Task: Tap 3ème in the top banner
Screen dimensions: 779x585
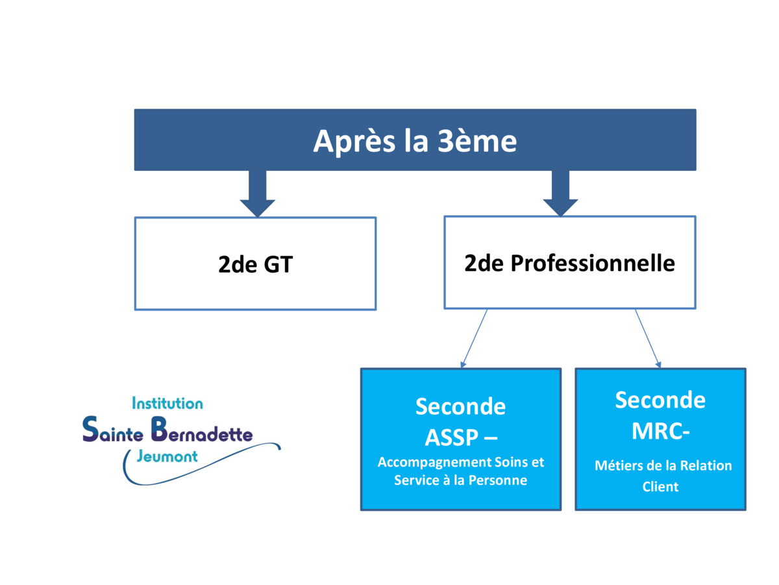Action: coord(476,141)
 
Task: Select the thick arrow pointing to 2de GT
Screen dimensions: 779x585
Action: coord(257,194)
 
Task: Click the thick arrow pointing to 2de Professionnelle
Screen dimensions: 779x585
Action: coord(560,193)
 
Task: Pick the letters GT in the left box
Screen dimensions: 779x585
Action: coord(278,265)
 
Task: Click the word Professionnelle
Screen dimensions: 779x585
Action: coord(593,263)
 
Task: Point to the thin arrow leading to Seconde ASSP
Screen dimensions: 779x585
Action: coord(474,339)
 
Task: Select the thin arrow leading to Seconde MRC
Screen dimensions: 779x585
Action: coord(648,339)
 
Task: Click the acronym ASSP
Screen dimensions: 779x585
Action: coord(451,437)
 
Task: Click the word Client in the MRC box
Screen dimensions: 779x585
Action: coord(660,487)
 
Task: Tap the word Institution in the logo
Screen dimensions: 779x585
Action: coord(167,404)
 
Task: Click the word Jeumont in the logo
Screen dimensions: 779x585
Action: coord(167,456)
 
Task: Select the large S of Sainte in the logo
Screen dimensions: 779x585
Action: coord(90,429)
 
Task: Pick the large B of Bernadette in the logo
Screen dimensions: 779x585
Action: coord(158,429)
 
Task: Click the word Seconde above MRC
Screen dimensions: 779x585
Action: coord(660,400)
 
